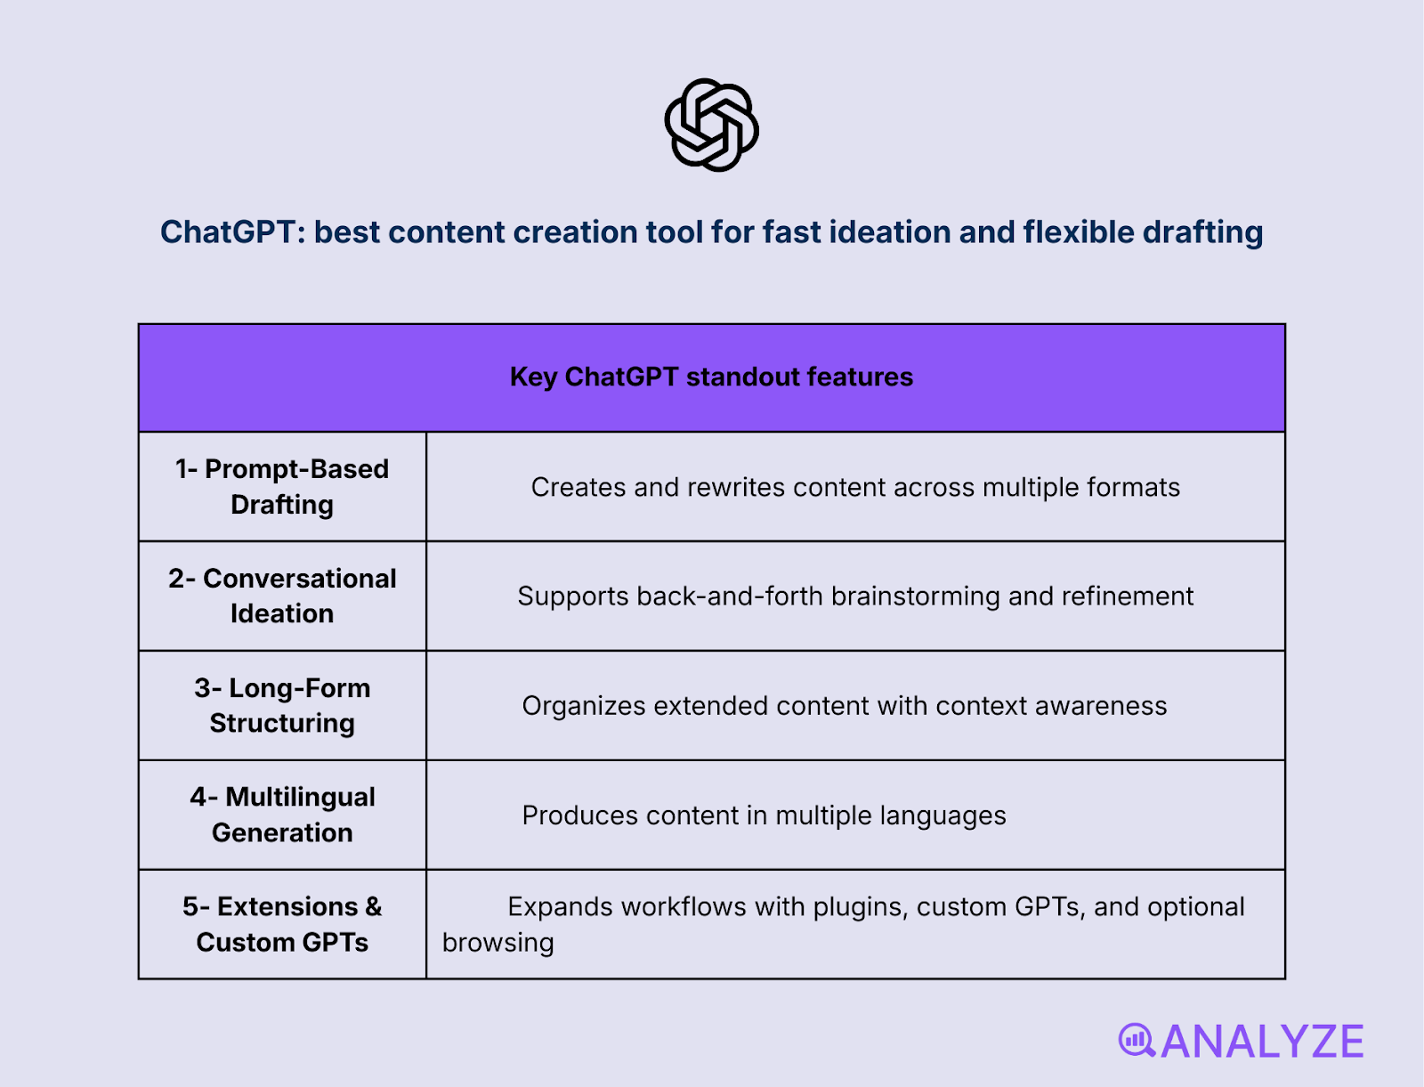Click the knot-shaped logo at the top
point(711,125)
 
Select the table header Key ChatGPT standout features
point(711,377)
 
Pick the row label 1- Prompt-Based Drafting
point(282,487)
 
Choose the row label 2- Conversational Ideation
point(282,596)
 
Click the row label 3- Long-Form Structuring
point(282,706)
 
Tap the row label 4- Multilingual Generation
point(282,815)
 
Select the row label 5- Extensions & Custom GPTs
point(282,924)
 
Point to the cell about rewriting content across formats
point(855,488)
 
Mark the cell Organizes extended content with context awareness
point(844,706)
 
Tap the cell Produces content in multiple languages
point(764,815)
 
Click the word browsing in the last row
point(498,943)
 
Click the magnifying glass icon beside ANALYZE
point(1136,1040)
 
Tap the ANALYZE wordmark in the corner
point(1262,1042)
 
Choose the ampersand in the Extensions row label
point(373,907)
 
